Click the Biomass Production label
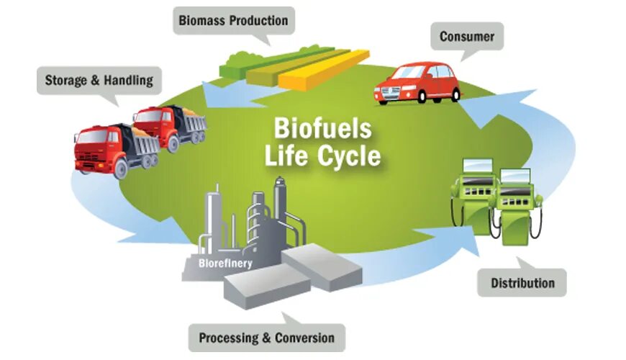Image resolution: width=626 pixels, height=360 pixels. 232,20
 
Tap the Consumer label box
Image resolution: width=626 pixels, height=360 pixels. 466,36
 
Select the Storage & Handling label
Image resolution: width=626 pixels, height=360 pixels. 99,80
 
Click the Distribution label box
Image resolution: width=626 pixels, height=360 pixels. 522,283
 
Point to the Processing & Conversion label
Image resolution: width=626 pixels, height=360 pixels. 266,338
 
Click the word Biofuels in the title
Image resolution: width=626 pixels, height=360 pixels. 322,130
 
